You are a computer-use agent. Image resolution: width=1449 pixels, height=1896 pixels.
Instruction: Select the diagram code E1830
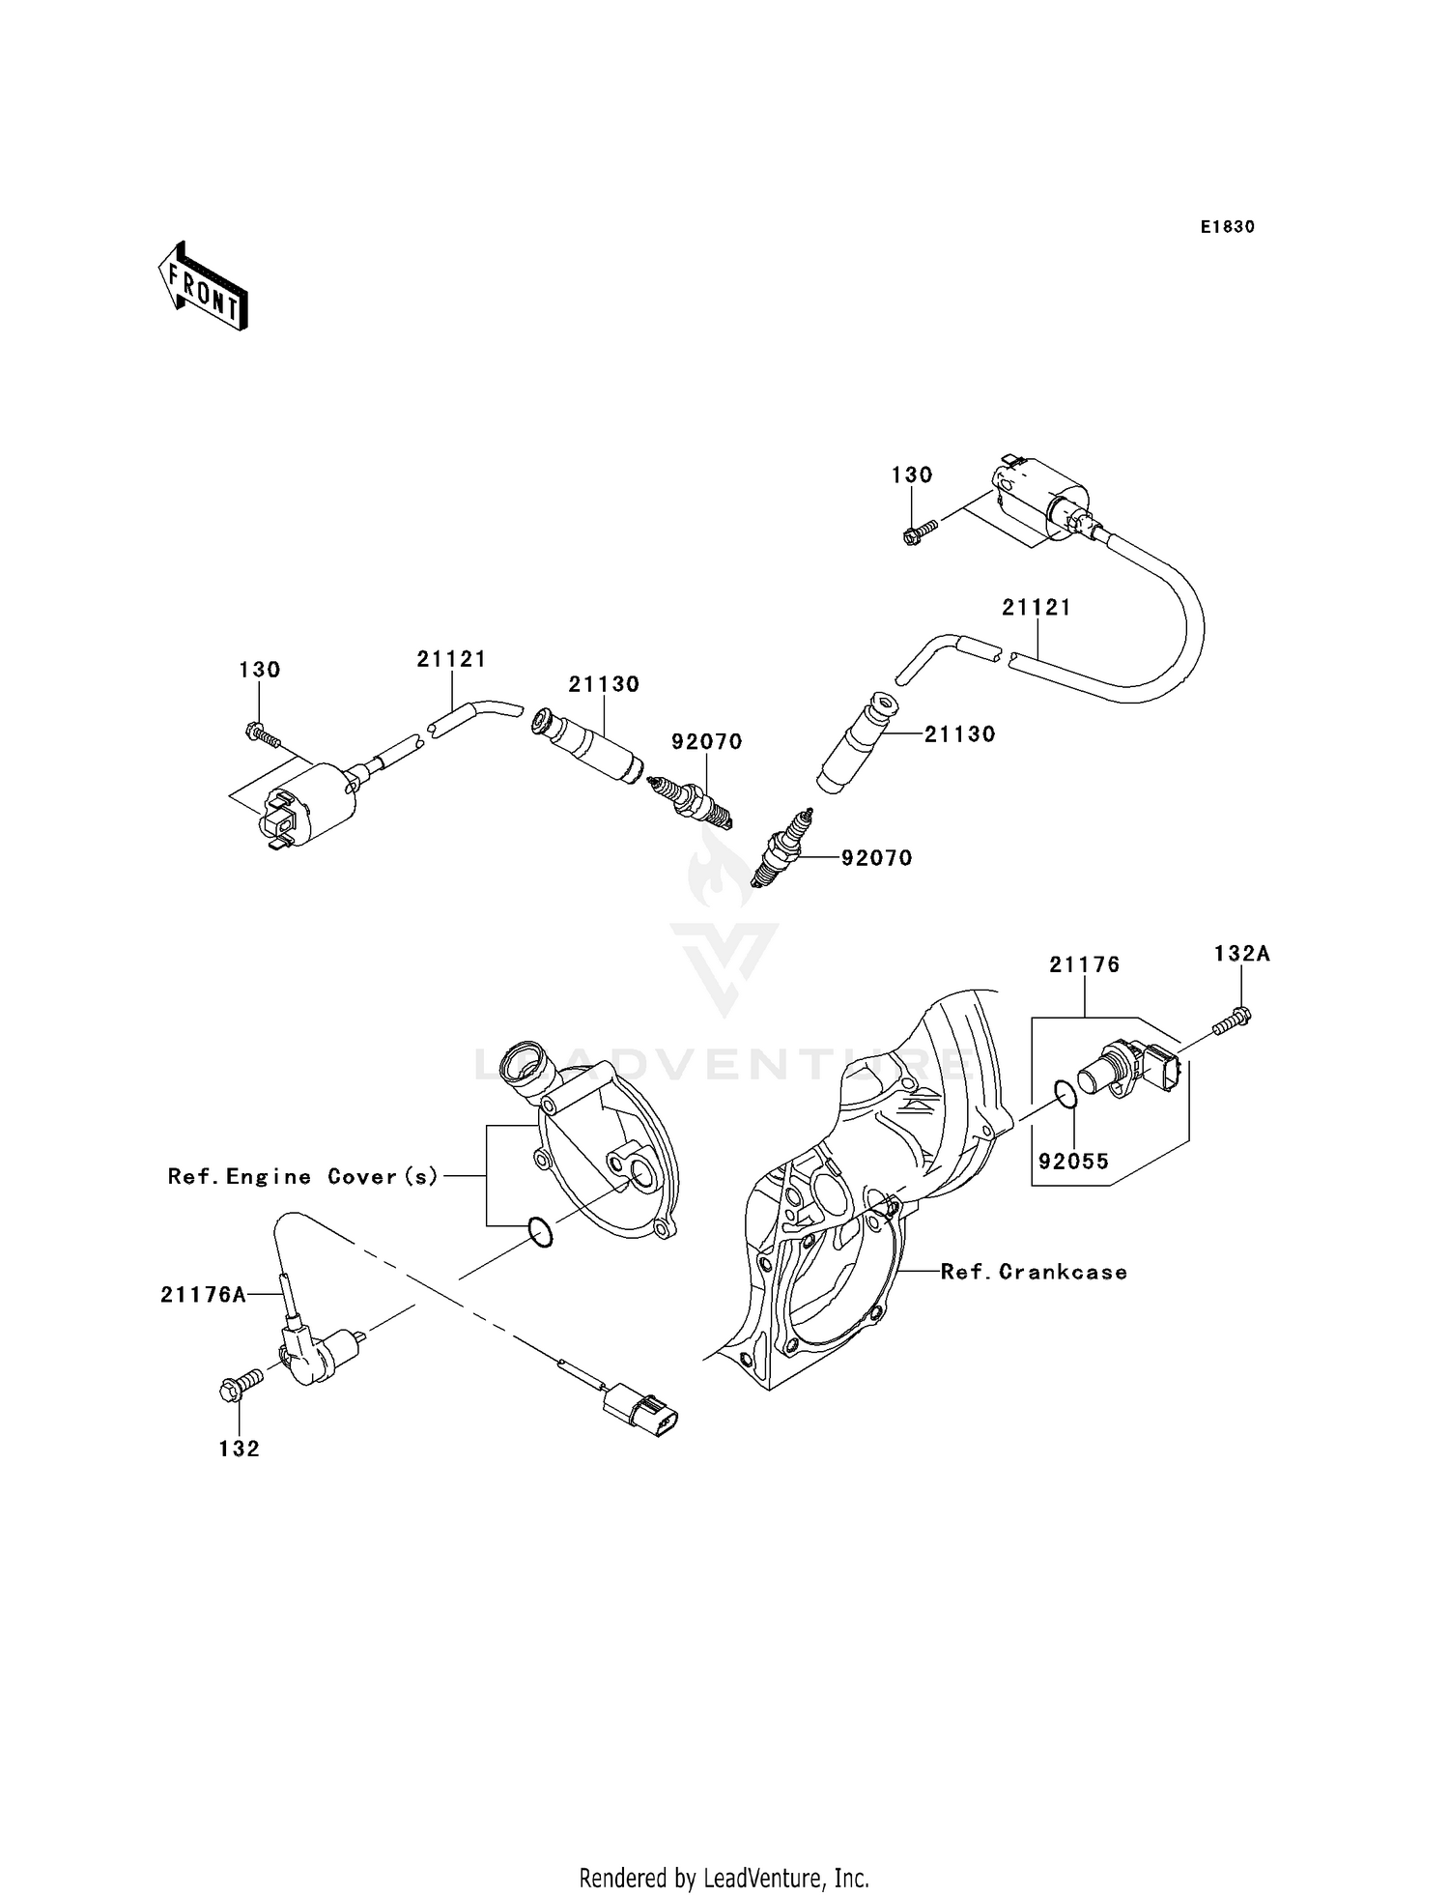(1227, 227)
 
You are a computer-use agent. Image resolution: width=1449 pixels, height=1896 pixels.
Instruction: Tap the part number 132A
(1241, 954)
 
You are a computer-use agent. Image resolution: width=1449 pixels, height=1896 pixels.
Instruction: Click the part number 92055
(1074, 1162)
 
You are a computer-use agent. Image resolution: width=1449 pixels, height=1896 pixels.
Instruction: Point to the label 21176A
(203, 1295)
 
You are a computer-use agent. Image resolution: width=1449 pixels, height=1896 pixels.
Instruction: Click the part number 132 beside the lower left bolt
(239, 1449)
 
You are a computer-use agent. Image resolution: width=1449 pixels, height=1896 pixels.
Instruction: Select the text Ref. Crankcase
(1034, 1272)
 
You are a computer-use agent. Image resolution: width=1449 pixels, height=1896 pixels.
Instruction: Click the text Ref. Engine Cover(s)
(303, 1176)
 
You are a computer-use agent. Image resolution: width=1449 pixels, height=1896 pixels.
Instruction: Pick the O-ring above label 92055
(1064, 1094)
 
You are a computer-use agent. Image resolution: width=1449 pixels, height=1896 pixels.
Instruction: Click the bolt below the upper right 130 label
(921, 531)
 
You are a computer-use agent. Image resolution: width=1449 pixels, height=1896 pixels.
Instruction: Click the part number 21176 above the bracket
(1085, 964)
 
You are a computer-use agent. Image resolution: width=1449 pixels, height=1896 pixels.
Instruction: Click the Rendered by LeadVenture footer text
(724, 1878)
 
